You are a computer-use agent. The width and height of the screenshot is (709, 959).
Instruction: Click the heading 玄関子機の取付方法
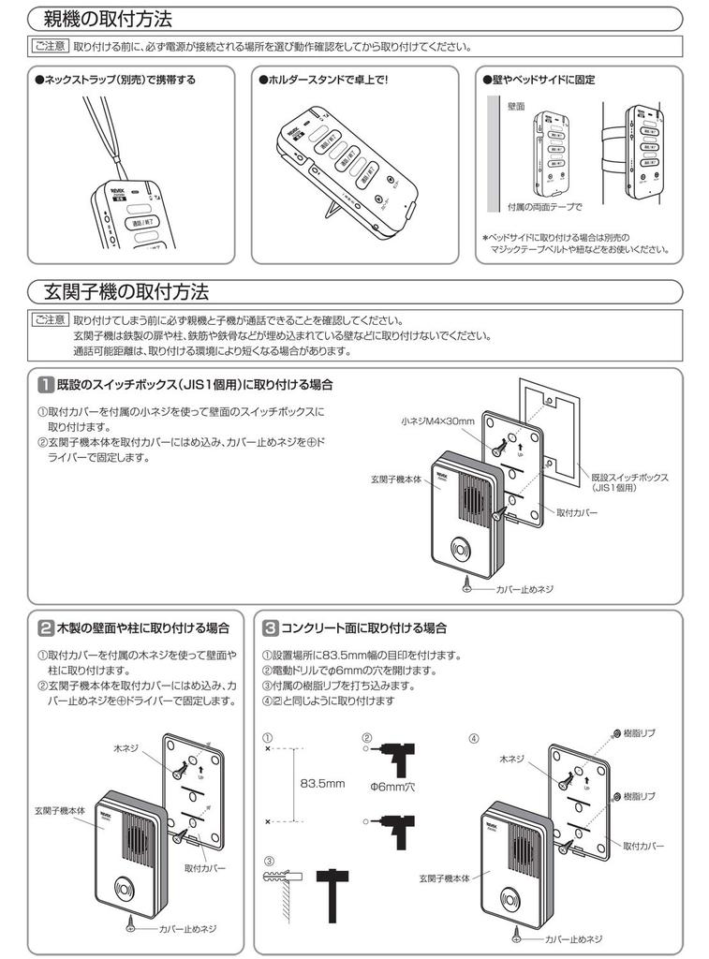[x=126, y=290]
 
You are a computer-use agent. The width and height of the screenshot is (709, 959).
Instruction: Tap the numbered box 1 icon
[x=45, y=385]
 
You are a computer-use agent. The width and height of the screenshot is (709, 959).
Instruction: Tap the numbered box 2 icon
[x=45, y=627]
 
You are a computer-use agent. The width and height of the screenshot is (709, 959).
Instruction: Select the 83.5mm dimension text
[x=323, y=783]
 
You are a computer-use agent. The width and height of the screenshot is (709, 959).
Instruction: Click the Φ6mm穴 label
[x=394, y=788]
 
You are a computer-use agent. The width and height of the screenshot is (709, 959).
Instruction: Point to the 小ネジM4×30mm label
[x=439, y=421]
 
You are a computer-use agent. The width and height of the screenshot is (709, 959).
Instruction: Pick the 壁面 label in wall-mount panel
[x=515, y=109]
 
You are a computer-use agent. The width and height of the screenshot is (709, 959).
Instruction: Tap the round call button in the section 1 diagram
[x=462, y=550]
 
